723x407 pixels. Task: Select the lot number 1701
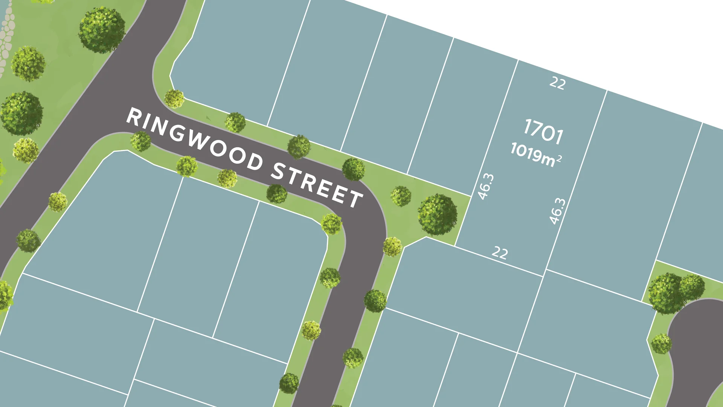(x=543, y=131)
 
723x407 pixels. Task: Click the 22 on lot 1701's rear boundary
(x=557, y=83)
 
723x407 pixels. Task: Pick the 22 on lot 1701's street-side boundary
(x=500, y=252)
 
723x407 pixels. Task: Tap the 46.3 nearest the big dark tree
(x=485, y=186)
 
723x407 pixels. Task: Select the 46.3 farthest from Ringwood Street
(x=558, y=211)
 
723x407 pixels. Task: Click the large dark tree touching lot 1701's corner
(x=438, y=214)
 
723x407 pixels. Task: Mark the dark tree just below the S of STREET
(x=277, y=193)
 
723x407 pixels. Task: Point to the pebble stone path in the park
(x=6, y=38)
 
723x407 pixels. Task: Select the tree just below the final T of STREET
(x=331, y=224)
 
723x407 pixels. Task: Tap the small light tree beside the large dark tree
(x=401, y=196)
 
